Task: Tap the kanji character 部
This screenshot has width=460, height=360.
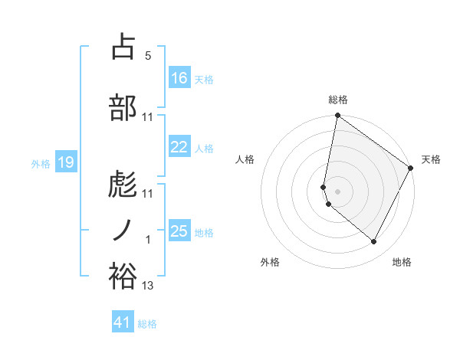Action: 123,107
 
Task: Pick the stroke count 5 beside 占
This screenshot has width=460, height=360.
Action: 148,56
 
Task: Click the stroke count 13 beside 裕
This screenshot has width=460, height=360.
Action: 148,286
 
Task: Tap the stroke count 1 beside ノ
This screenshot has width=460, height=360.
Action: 148,241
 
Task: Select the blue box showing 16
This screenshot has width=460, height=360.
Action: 179,78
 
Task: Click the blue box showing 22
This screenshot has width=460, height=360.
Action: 179,148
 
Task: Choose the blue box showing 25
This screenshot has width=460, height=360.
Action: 179,231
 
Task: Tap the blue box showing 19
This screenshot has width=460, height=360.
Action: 65,162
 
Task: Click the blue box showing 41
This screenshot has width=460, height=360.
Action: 123,322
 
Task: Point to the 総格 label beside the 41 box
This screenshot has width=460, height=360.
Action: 147,324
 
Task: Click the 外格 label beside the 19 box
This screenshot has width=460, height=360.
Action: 41,163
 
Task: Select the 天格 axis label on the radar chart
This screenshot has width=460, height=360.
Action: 431,159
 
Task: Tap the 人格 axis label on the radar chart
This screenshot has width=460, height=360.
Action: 245,159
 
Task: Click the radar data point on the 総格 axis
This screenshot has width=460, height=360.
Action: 337,116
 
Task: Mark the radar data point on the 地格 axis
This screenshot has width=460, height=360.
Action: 373,242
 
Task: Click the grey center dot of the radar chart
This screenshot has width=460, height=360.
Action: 337,191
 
